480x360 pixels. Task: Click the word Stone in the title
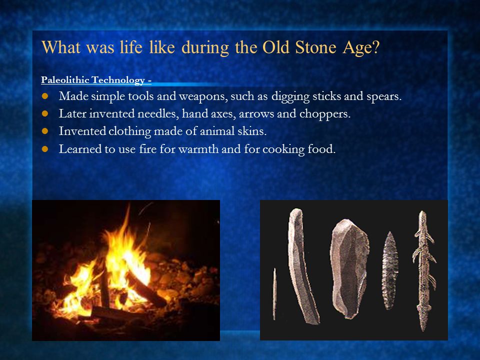315,47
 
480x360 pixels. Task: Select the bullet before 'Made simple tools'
45,96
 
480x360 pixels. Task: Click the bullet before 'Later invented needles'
45,114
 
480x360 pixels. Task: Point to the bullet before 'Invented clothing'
45,131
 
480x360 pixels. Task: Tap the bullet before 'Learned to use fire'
45,149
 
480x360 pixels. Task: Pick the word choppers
325,114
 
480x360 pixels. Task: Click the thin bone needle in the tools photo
274,293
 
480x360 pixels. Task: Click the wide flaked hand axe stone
349,268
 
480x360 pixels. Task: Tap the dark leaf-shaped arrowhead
389,270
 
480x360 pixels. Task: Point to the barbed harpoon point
424,271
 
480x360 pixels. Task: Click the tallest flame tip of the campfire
128,205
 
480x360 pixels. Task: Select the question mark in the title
375,47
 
